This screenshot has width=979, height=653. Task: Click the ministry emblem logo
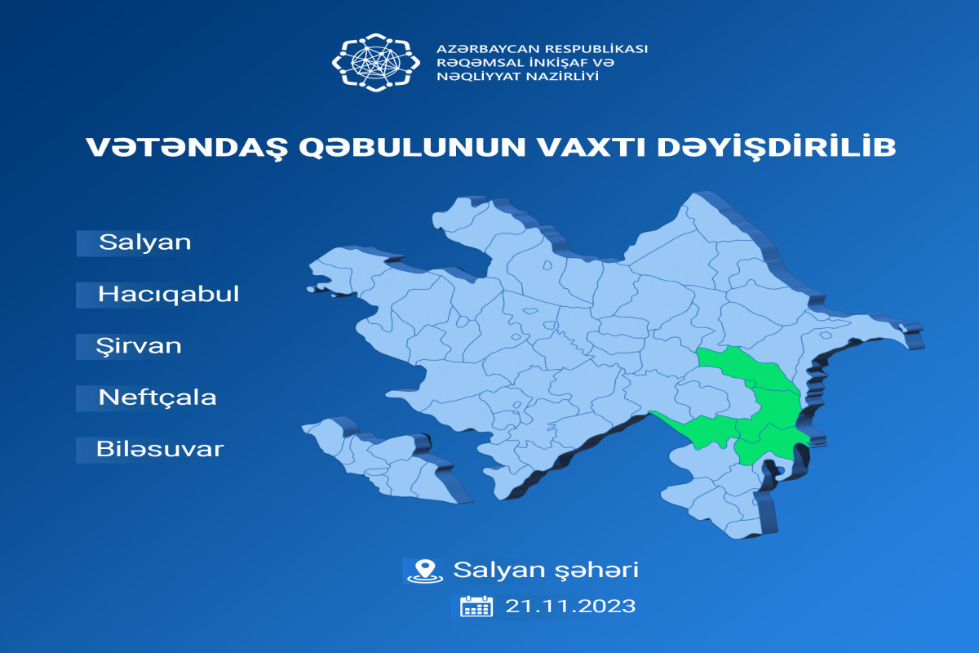[376, 63]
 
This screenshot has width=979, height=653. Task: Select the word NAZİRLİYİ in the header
[562, 76]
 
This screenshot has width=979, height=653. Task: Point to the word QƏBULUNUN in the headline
[413, 148]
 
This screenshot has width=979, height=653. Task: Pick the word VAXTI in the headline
[591, 148]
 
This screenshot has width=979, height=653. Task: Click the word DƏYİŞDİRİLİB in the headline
[777, 148]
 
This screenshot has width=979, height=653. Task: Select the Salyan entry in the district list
[145, 242]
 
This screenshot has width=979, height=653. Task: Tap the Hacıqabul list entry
[168, 294]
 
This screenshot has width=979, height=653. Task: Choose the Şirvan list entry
[139, 346]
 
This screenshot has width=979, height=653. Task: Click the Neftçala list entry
[157, 398]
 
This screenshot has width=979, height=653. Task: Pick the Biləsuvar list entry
[160, 449]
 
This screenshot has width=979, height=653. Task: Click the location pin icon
[425, 571]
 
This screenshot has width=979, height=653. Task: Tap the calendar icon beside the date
[476, 606]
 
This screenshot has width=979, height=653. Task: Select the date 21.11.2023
[570, 606]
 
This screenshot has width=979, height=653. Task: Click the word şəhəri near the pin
[596, 571]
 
